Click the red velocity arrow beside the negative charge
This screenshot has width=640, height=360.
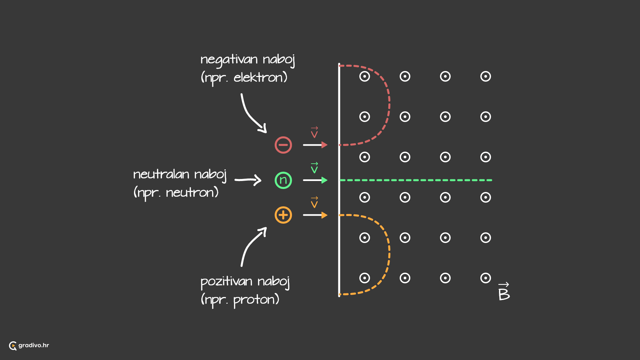(315, 145)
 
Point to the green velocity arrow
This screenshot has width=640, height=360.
(315, 180)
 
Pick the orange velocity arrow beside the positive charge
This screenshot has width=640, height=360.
(315, 215)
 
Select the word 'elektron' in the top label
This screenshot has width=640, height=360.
(258, 77)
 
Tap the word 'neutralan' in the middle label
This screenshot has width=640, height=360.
(161, 174)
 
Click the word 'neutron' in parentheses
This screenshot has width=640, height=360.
(190, 193)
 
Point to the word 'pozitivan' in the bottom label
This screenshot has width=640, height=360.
(227, 282)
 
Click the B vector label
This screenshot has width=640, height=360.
(504, 292)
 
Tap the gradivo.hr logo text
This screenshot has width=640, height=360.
(34, 345)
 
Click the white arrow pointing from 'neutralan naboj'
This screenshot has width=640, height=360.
(248, 180)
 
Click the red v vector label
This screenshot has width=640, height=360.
(314, 132)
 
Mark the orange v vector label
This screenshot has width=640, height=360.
(314, 202)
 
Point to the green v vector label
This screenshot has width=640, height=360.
(314, 168)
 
